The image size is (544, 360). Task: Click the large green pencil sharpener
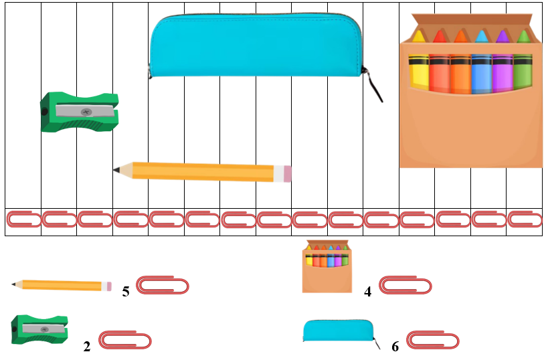tap(80, 112)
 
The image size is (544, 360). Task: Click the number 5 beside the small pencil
tap(126, 292)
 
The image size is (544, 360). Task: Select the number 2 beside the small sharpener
tap(87, 347)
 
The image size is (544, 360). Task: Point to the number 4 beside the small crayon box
tap(367, 292)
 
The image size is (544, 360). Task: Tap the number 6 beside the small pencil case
tap(395, 347)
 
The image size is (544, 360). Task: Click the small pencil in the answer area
tap(62, 285)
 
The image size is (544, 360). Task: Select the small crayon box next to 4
tap(327, 267)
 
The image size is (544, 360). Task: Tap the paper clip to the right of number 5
tap(163, 286)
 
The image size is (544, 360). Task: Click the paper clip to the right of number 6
tap(433, 341)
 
